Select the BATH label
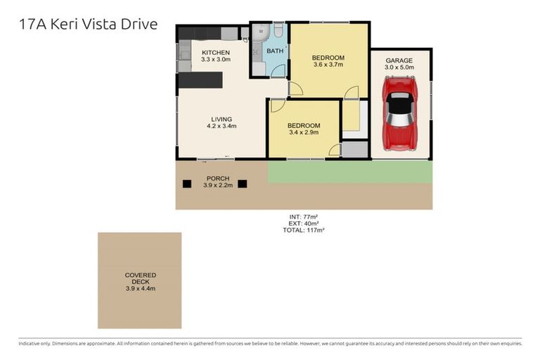point(274,51)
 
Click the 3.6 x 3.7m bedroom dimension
point(328,65)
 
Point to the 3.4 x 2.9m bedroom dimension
point(303,132)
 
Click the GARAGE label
point(399,60)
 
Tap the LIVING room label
point(221,119)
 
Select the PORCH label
point(218,179)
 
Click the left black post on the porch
point(187,184)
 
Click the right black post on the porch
point(243,184)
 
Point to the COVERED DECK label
point(141,278)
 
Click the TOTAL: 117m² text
point(303,230)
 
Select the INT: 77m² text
point(304,217)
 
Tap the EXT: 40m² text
point(304,224)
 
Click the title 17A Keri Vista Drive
point(88,25)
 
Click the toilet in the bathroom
point(278,32)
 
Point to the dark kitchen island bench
point(200,80)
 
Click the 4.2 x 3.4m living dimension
point(221,127)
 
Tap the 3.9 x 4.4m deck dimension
point(141,288)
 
